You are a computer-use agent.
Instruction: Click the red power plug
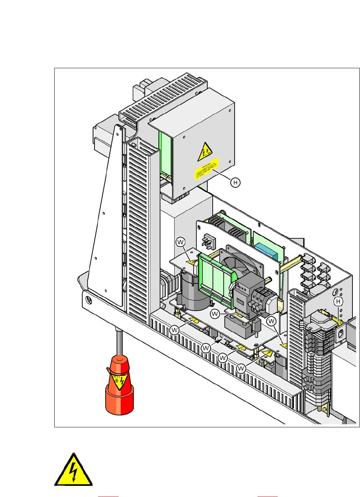pyautogui.click(x=119, y=388)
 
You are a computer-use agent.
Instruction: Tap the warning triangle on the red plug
pyautogui.click(x=119, y=382)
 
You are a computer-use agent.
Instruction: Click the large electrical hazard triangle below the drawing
pyautogui.click(x=73, y=470)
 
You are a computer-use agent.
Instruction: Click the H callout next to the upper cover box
pyautogui.click(x=235, y=182)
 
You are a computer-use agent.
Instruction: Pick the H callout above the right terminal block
pyautogui.click(x=338, y=302)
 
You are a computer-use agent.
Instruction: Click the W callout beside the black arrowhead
pyautogui.click(x=206, y=348)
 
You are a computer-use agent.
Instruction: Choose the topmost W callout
pyautogui.click(x=180, y=242)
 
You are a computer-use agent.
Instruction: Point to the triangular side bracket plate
pyautogui.click(x=106, y=215)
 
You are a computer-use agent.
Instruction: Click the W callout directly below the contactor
pyautogui.click(x=215, y=314)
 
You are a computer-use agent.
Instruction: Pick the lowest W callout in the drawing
pyautogui.click(x=241, y=368)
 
